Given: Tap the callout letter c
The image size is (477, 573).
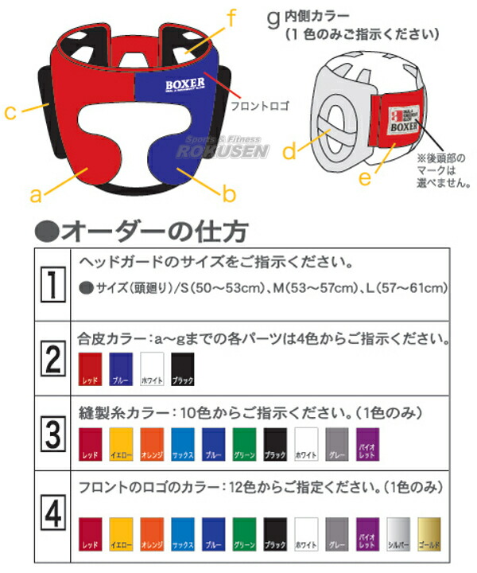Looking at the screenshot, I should pos(10,113).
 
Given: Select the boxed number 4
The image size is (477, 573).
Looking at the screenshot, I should pos(53,516).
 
